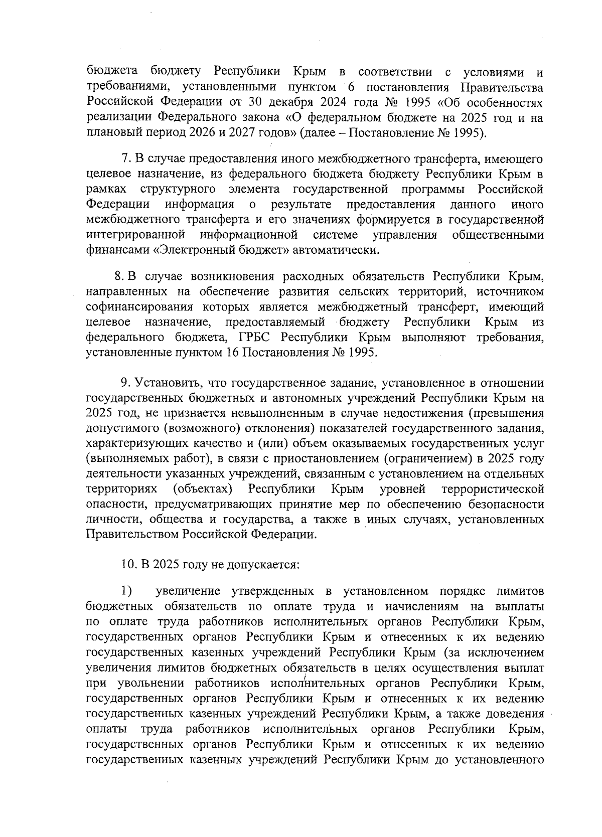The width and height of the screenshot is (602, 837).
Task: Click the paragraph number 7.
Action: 125,159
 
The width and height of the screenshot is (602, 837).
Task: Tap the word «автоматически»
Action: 336,250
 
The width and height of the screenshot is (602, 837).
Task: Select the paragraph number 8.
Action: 119,276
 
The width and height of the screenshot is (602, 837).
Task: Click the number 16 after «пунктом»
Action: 232,352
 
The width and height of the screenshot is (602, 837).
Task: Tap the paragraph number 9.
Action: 125,383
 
